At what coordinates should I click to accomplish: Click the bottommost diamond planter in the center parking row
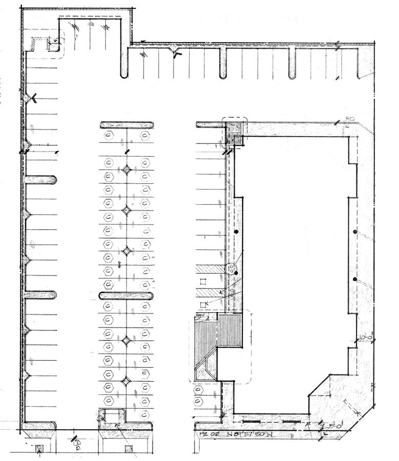(x=127, y=380)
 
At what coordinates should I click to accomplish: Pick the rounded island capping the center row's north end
(x=127, y=125)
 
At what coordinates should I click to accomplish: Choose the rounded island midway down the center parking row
(x=127, y=296)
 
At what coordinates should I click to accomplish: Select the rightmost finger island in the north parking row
(x=292, y=62)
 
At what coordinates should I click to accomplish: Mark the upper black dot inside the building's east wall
(x=354, y=233)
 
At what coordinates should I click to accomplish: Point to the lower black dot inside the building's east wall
(x=354, y=279)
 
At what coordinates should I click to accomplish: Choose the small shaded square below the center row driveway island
(x=128, y=449)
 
